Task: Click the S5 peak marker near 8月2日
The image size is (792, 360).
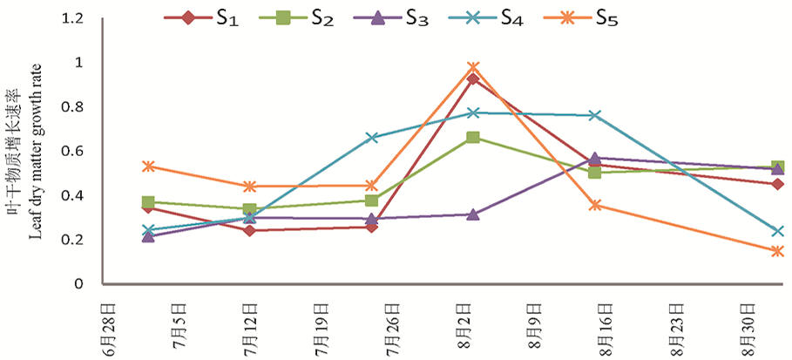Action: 473,68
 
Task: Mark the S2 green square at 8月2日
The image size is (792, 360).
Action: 473,138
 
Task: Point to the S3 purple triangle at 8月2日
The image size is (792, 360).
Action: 473,214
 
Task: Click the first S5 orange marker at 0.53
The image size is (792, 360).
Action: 148,166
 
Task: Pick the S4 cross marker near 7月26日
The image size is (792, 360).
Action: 372,138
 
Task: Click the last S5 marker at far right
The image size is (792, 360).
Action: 777,252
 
